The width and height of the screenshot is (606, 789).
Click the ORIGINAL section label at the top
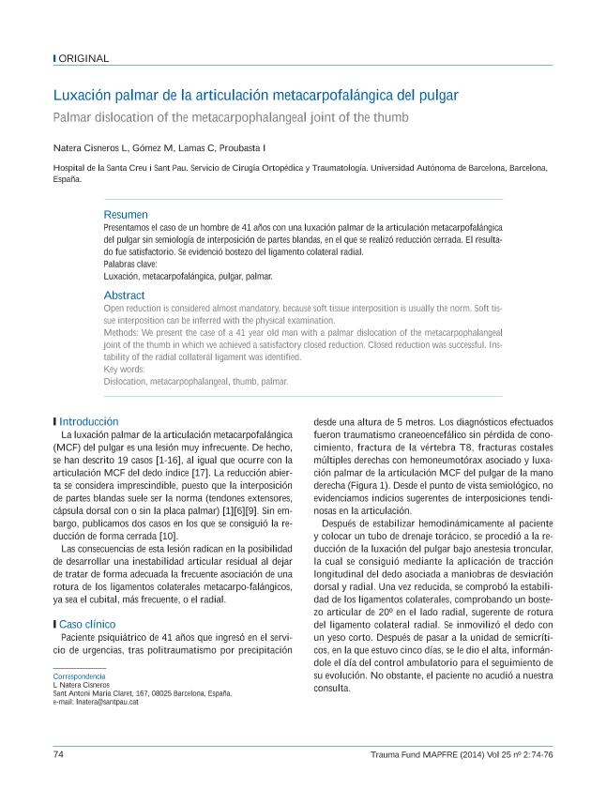(83, 58)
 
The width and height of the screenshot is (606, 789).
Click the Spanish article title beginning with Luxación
(254, 96)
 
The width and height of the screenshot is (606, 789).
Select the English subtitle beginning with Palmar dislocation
(231, 117)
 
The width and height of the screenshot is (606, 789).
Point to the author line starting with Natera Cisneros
(159, 147)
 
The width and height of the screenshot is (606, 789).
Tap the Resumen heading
(125, 215)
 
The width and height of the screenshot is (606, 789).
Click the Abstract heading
(124, 296)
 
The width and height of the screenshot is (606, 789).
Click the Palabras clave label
(130, 265)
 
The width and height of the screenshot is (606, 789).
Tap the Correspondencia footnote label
(79, 676)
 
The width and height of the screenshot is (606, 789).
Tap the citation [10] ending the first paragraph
(168, 535)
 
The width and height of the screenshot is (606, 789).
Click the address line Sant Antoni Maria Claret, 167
(141, 693)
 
